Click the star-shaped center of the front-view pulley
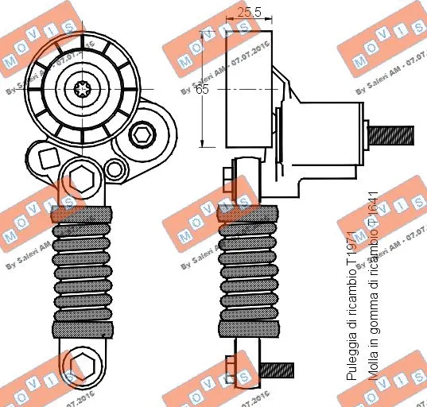click(82, 89)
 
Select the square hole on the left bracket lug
click(48, 157)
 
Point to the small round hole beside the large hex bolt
click(115, 169)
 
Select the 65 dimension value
click(202, 90)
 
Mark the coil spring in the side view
click(248, 270)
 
